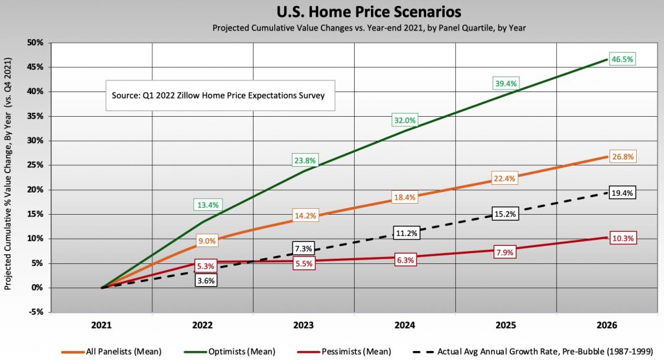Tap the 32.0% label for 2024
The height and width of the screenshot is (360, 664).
click(404, 120)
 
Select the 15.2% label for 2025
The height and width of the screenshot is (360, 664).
click(505, 214)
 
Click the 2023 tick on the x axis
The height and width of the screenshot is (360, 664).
click(304, 324)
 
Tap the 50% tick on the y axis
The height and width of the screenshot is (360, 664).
click(34, 43)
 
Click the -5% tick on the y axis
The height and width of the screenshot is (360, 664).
click(36, 312)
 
